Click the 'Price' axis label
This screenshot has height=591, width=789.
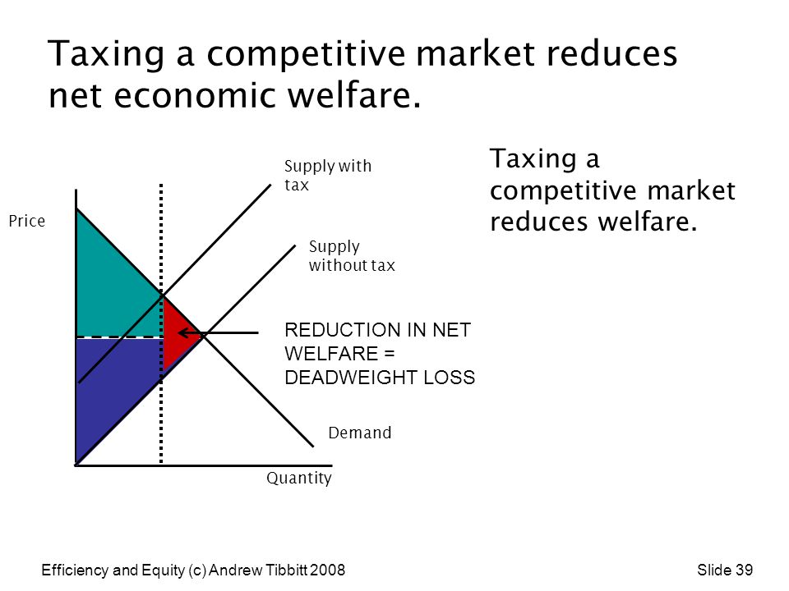tap(27, 221)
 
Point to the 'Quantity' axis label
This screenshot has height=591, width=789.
tap(299, 478)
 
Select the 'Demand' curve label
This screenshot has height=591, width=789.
tap(360, 433)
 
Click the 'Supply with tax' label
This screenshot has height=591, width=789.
tap(328, 176)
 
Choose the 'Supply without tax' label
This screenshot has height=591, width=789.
tap(352, 256)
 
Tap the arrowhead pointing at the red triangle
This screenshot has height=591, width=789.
tap(185, 332)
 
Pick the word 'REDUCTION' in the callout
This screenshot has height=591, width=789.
tap(343, 330)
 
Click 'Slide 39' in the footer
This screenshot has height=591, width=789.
tap(725, 570)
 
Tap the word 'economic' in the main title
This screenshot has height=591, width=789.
tap(195, 95)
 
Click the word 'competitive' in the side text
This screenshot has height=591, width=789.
tap(564, 191)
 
